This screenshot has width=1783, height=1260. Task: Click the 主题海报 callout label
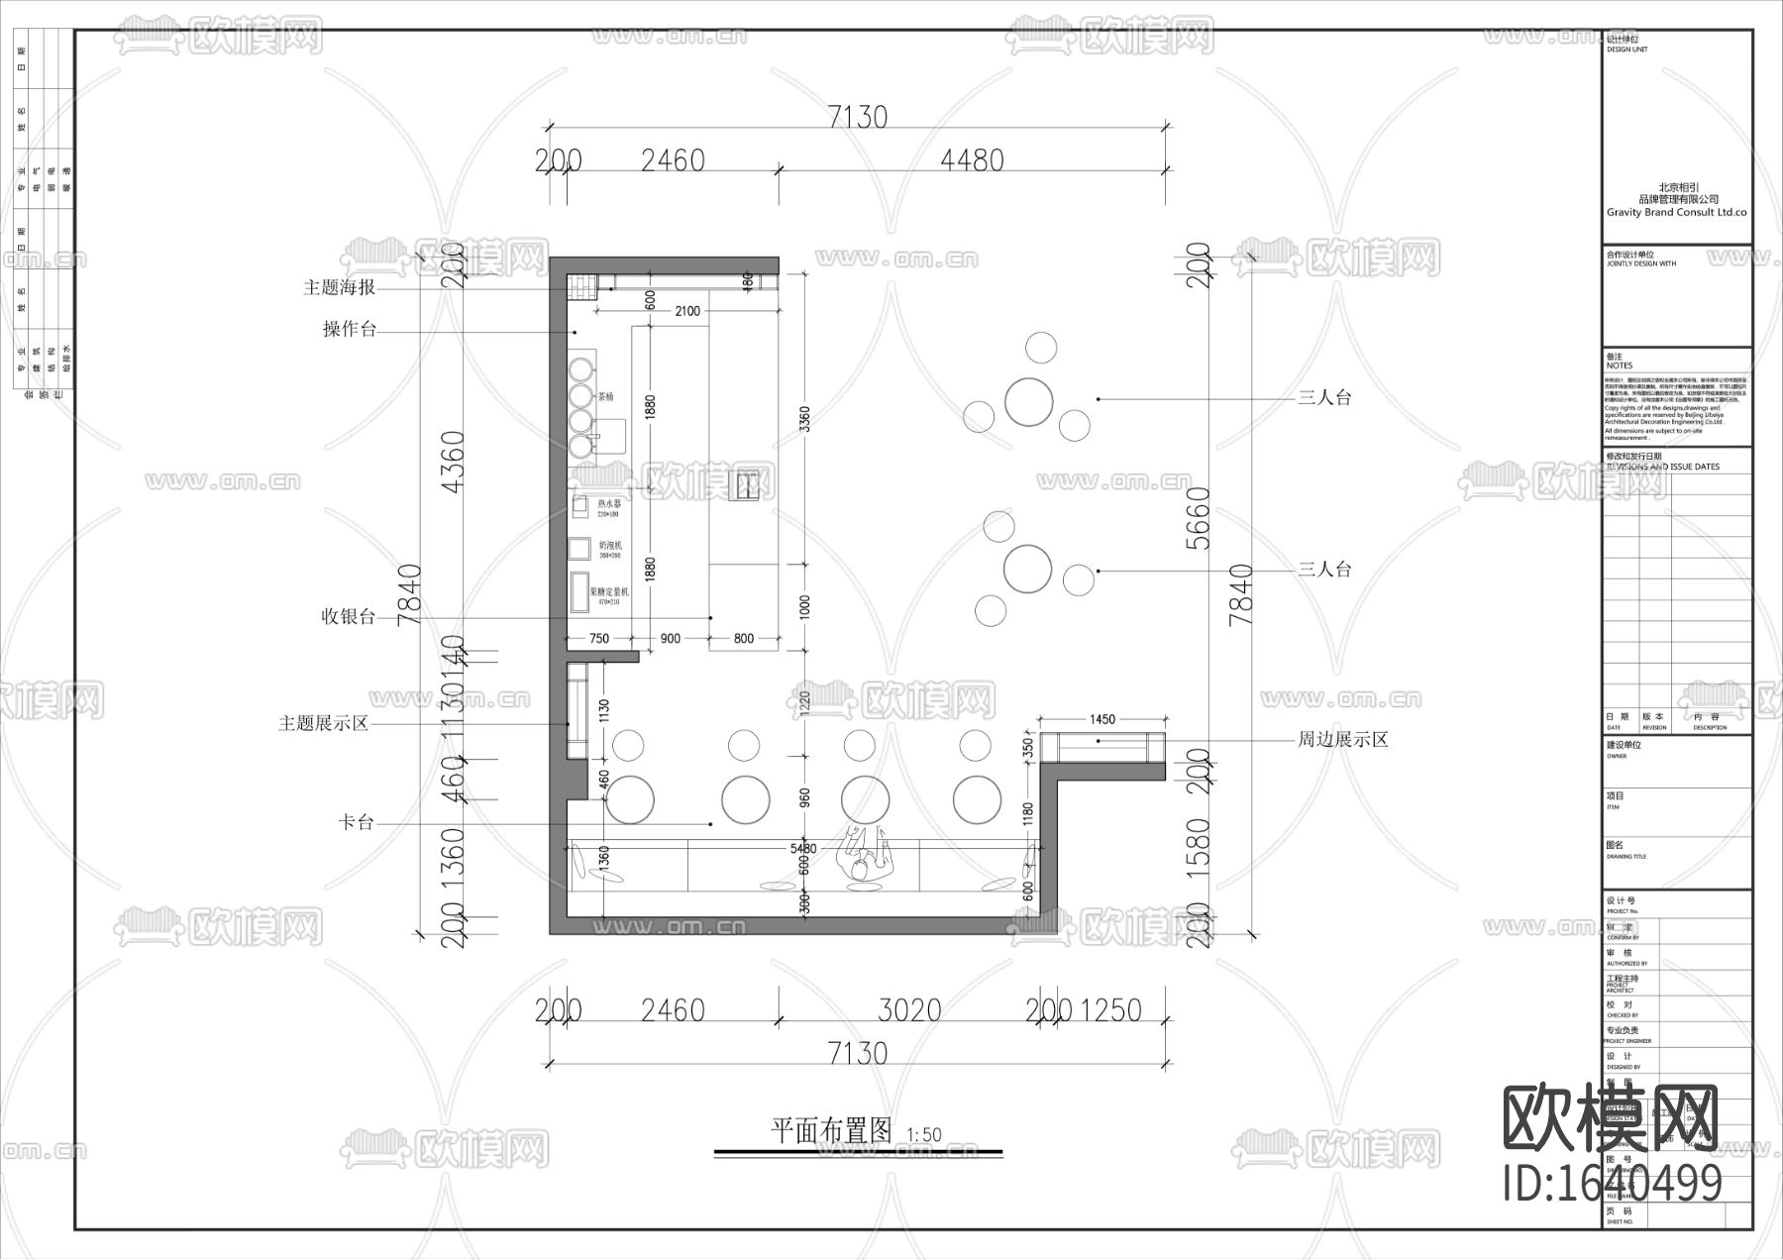click(339, 288)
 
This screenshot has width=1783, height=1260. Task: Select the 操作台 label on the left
click(349, 330)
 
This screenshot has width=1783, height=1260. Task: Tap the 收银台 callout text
click(348, 617)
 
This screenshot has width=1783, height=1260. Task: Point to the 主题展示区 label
click(323, 724)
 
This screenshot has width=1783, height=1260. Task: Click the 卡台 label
click(356, 823)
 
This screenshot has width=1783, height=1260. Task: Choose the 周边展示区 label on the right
click(1342, 740)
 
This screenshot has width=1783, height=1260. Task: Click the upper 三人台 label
click(1324, 398)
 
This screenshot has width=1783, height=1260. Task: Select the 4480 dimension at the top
click(971, 160)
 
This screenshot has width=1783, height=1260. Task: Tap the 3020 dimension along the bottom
click(909, 1010)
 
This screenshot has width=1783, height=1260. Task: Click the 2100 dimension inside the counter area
click(686, 311)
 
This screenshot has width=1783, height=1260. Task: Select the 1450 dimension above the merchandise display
click(1101, 720)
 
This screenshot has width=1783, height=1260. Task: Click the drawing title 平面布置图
click(831, 1131)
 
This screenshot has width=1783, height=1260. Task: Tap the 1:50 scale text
click(923, 1135)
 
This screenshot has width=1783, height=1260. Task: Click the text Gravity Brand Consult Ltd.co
click(1676, 213)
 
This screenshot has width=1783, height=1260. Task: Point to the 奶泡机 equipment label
click(610, 546)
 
